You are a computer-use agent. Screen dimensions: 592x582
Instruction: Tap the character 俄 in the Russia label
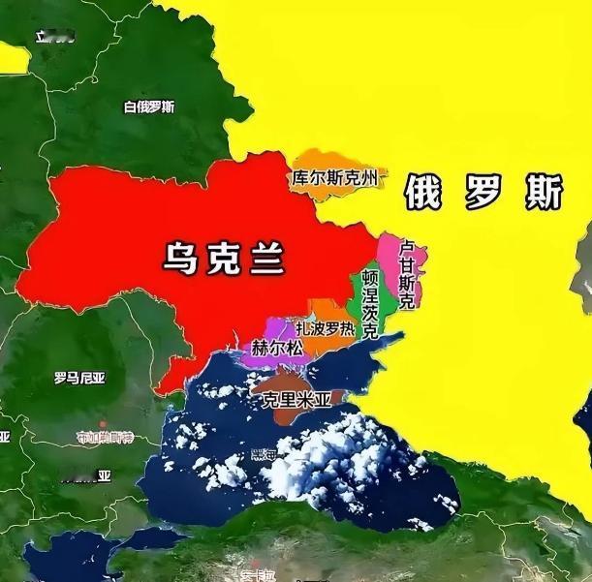(423, 192)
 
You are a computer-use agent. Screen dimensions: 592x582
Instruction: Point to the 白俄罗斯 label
(150, 107)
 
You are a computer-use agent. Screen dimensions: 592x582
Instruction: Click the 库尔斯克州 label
(334, 178)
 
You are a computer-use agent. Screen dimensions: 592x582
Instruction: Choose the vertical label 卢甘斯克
(407, 274)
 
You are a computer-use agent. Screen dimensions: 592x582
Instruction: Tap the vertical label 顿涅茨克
(370, 303)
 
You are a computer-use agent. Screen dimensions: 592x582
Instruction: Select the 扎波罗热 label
(326, 329)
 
